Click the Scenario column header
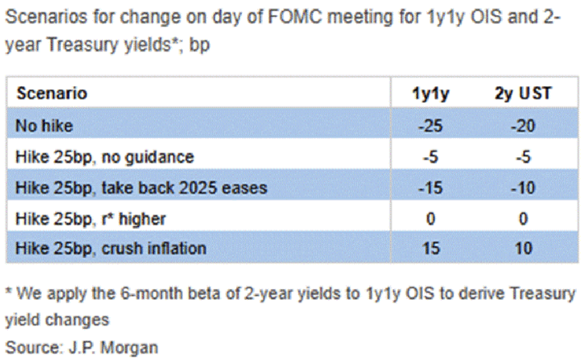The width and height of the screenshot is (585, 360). (52, 94)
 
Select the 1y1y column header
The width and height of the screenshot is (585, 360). (431, 95)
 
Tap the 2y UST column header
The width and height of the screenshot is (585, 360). (523, 94)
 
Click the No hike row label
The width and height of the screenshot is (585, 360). (44, 126)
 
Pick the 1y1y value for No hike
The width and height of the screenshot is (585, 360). (430, 126)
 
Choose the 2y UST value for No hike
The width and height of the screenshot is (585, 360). (523, 126)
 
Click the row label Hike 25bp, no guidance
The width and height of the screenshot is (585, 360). (105, 157)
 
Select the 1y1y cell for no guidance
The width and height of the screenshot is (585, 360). (430, 157)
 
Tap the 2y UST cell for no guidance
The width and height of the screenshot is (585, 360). (523, 157)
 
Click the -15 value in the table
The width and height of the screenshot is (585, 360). (430, 188)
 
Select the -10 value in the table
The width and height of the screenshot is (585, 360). (523, 188)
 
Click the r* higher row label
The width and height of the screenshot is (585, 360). (90, 219)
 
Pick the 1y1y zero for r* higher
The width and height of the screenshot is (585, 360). (431, 219)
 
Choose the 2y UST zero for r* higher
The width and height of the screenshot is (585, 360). (523, 219)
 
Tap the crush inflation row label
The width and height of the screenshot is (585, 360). (111, 248)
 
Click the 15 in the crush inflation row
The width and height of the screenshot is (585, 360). (431, 248)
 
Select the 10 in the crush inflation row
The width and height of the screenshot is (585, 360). (523, 248)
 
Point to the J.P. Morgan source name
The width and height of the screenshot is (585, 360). (113, 348)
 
